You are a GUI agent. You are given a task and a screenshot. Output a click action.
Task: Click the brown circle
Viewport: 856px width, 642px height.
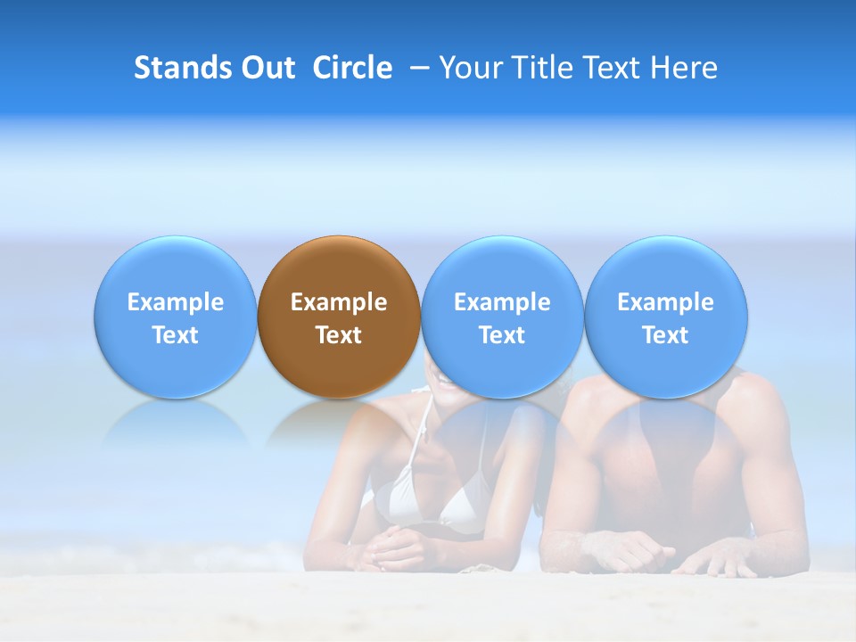point(338,317)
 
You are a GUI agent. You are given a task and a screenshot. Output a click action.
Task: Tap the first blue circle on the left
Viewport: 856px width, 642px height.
point(175,317)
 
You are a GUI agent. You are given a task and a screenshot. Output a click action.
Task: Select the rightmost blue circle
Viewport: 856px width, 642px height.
point(665,317)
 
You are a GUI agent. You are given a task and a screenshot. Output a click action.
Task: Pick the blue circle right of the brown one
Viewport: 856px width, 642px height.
point(502,317)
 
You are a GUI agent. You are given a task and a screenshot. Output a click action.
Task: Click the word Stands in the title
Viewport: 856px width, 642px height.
point(181,68)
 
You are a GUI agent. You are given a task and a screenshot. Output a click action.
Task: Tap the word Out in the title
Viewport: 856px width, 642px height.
point(267,68)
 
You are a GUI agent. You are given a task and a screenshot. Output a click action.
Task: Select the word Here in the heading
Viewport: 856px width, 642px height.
point(684,68)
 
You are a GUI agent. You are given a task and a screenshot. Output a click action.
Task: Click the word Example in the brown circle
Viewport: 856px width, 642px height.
point(339,302)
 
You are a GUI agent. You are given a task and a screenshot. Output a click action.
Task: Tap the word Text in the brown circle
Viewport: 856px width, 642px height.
point(339,335)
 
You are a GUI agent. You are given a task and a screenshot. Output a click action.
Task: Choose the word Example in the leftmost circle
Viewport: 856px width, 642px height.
point(176,302)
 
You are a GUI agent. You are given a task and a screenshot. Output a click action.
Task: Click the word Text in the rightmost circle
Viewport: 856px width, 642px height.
point(665,335)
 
